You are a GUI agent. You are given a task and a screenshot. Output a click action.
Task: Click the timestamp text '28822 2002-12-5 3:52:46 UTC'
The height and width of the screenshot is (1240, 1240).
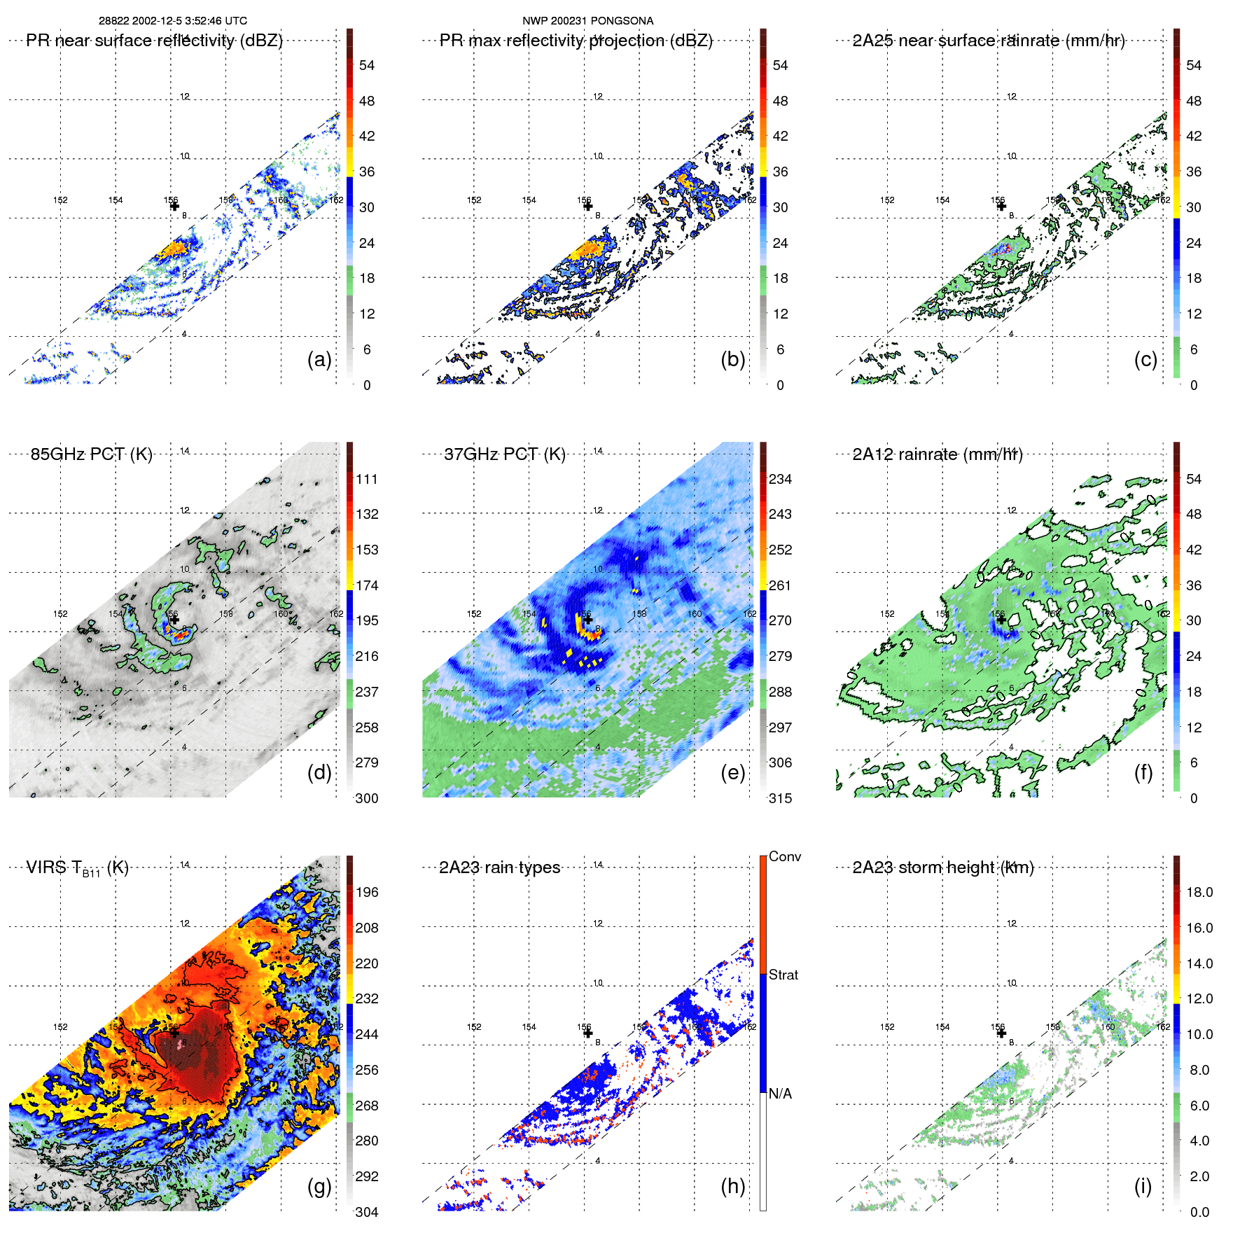(x=172, y=21)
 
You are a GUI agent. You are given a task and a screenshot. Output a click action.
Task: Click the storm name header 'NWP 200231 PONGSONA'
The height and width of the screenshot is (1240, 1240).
(x=587, y=21)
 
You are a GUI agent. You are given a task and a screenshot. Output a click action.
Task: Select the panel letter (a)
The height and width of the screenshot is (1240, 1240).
(x=319, y=359)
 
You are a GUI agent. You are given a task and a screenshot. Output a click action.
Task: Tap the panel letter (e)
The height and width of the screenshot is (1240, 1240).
(x=732, y=772)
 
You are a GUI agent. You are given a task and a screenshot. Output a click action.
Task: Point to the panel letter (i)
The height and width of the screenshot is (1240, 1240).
(x=1143, y=1186)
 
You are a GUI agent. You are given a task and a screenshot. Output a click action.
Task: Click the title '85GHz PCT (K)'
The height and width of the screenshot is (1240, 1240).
(x=91, y=454)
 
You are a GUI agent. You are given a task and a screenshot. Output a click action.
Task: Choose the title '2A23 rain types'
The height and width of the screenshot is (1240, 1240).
(x=499, y=868)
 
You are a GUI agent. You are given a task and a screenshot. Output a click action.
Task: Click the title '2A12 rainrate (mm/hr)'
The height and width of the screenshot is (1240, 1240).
(x=938, y=454)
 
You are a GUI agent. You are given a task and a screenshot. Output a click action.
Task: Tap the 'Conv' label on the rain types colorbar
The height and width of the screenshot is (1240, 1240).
(x=784, y=856)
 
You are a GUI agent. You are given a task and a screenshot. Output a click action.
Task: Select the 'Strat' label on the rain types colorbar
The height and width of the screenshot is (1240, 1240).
(x=783, y=975)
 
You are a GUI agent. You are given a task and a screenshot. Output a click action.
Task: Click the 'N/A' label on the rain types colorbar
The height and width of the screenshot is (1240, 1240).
(x=780, y=1094)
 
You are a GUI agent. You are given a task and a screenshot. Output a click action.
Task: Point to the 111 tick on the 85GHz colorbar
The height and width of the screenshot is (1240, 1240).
(x=367, y=479)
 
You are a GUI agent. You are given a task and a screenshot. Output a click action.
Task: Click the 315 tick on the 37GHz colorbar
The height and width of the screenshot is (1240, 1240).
(x=780, y=798)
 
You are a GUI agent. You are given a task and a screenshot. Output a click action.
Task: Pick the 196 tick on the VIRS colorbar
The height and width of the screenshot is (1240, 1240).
(x=367, y=892)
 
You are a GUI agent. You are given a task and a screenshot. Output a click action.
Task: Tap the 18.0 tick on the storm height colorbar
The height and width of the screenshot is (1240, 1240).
(x=1199, y=892)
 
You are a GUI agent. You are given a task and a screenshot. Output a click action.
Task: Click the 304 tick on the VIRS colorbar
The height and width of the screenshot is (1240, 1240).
(x=367, y=1212)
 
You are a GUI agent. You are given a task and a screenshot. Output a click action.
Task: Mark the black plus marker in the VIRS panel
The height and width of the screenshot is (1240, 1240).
(x=174, y=1033)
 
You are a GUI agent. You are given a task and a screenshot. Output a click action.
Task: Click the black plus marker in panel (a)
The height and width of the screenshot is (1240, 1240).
(x=174, y=207)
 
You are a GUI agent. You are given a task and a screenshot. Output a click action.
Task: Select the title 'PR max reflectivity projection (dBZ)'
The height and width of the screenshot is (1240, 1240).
(x=576, y=41)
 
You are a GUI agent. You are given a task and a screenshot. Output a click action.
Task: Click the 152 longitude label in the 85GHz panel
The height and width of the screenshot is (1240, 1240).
(x=61, y=614)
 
